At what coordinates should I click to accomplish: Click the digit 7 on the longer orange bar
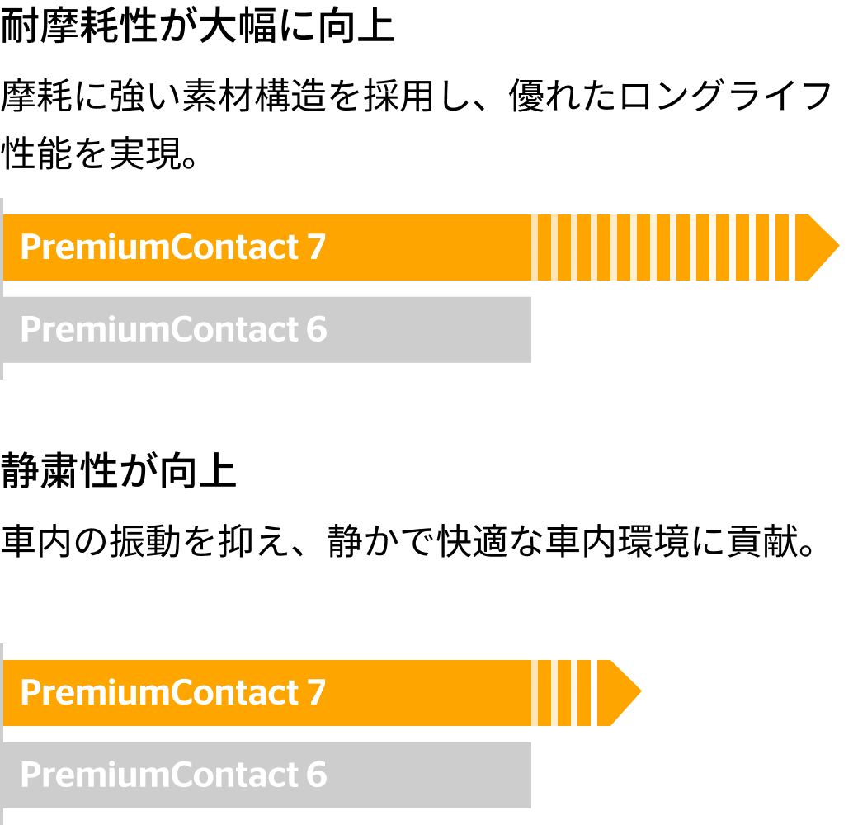[317, 247]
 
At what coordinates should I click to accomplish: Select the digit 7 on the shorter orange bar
[317, 693]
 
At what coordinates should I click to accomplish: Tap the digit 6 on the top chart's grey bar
[317, 330]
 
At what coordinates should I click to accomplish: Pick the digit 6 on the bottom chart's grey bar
[317, 775]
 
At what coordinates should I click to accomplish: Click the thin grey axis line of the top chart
[2, 289]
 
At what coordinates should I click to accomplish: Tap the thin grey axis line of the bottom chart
[2, 734]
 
